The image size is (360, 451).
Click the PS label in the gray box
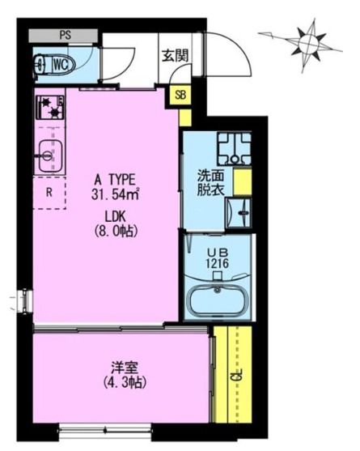66,35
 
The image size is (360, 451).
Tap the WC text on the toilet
61,65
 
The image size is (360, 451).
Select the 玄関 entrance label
175,56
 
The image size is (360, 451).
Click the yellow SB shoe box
180,95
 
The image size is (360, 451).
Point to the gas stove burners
50,108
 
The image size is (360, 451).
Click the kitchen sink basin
49,155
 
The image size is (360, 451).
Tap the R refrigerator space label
49,193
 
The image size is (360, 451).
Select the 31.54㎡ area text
116,194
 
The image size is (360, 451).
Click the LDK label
116,216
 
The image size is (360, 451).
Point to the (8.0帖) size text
116,231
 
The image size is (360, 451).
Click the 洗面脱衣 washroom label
210,183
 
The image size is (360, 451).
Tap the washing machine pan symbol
234,148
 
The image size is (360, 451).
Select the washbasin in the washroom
238,213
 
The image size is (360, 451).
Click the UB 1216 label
218,258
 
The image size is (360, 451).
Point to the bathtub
218,300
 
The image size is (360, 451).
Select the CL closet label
239,374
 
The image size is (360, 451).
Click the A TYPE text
115,181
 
